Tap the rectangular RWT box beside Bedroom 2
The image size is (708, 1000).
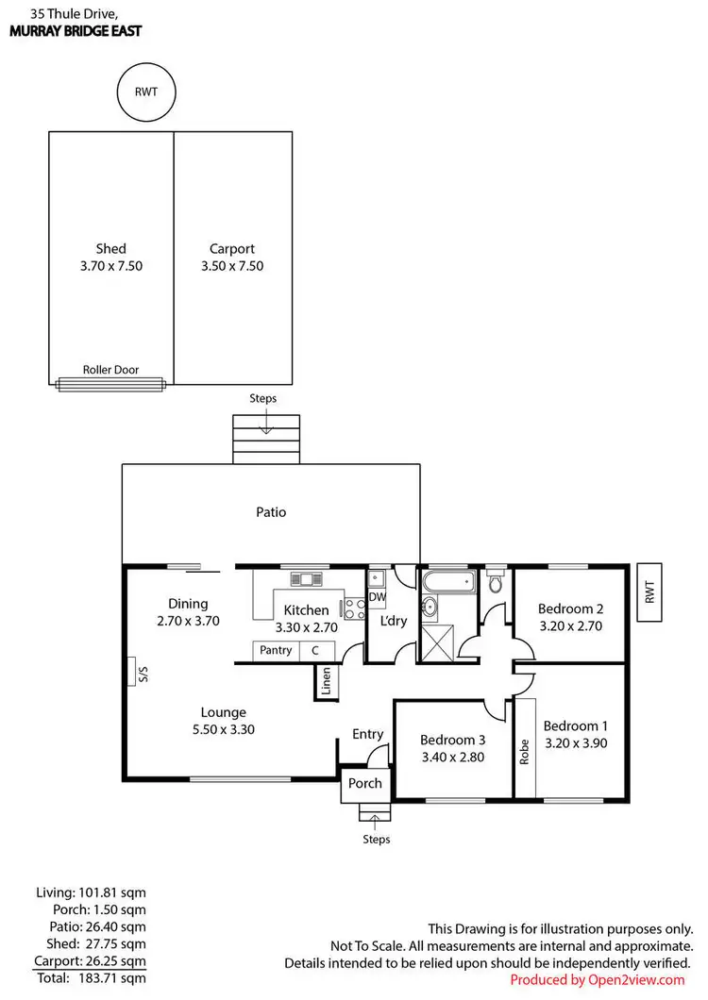pyautogui.click(x=649, y=592)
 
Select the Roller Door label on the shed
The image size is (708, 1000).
pyautogui.click(x=110, y=370)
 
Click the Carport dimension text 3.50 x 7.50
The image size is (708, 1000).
pyautogui.click(x=231, y=266)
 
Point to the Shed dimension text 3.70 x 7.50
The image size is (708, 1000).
pyautogui.click(x=110, y=266)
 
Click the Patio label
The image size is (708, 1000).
pyautogui.click(x=271, y=512)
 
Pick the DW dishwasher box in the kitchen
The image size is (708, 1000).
pyautogui.click(x=377, y=596)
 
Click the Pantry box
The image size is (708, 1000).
pyautogui.click(x=276, y=650)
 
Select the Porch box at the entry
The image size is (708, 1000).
pyautogui.click(x=365, y=783)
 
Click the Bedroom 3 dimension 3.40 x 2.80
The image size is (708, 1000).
pyautogui.click(x=451, y=756)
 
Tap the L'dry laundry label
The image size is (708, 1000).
pyautogui.click(x=393, y=622)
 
